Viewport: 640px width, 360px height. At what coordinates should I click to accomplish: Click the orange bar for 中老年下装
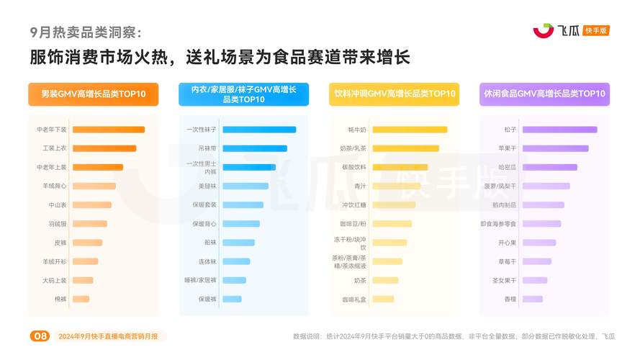click(x=108, y=130)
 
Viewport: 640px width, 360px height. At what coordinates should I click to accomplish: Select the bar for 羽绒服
click(x=89, y=224)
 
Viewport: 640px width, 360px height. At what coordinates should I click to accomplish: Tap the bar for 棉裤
click(x=81, y=299)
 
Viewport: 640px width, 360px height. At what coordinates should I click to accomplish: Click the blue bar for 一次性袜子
click(x=258, y=130)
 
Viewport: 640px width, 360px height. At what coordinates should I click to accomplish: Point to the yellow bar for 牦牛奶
click(x=409, y=130)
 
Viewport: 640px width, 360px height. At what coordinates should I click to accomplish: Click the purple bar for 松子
click(x=559, y=130)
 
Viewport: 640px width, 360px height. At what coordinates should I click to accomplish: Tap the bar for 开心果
click(x=538, y=243)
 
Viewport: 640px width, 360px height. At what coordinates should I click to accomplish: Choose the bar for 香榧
click(x=532, y=299)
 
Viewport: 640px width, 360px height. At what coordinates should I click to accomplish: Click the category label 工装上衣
click(x=55, y=148)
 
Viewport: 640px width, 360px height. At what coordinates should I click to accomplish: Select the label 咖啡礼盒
click(x=354, y=299)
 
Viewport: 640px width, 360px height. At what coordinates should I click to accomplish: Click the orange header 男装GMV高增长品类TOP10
click(x=93, y=94)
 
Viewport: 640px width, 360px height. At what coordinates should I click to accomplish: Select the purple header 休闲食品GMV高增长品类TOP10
click(x=544, y=94)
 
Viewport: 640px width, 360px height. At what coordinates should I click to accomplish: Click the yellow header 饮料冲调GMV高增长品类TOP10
click(x=394, y=94)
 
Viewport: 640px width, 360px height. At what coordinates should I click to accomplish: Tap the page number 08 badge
click(x=40, y=336)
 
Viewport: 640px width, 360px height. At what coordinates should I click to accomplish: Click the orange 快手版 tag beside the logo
click(x=596, y=30)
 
